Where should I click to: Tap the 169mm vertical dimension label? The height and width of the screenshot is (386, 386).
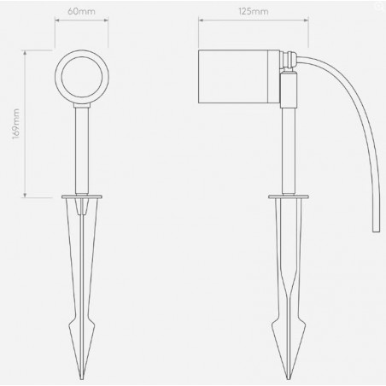[16, 124]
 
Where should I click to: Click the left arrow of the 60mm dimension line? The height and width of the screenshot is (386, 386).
[57, 26]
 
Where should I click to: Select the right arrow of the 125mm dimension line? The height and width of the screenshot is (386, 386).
[299, 26]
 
